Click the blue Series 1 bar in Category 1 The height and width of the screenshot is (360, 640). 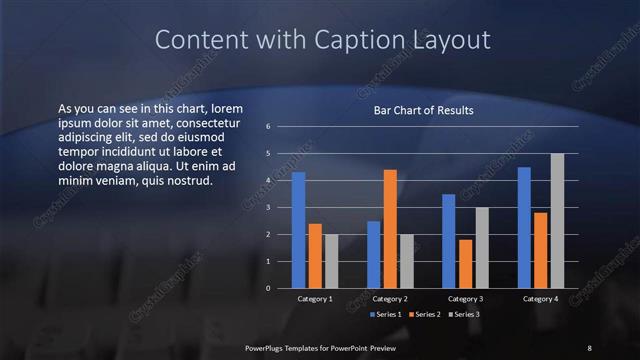pyautogui.click(x=298, y=230)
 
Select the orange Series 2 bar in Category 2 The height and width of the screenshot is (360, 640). pyautogui.click(x=390, y=229)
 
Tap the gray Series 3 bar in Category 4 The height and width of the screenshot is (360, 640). pyautogui.click(x=557, y=221)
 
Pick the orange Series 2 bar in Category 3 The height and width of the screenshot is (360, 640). pyautogui.click(x=466, y=264)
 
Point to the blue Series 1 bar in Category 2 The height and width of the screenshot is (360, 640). pyautogui.click(x=373, y=254)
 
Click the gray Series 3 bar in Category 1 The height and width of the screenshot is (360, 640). pyautogui.click(x=331, y=261)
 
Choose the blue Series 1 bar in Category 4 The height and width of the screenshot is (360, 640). pyautogui.click(x=524, y=228)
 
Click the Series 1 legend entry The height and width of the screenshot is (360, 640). pyautogui.click(x=387, y=315)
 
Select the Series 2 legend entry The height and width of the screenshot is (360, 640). pyautogui.click(x=424, y=315)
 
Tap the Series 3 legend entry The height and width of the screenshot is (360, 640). pyautogui.click(x=463, y=315)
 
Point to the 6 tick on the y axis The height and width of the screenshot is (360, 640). pyautogui.click(x=268, y=127)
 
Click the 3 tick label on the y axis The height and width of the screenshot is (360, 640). pyautogui.click(x=268, y=207)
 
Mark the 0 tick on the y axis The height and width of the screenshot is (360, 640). pyautogui.click(x=268, y=288)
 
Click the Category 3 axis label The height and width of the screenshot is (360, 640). pyautogui.click(x=465, y=299)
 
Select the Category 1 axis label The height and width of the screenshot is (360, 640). pyautogui.click(x=315, y=299)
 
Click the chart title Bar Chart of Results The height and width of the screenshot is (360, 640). pyautogui.click(x=423, y=110)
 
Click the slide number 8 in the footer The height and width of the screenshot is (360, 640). pyautogui.click(x=589, y=347)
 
